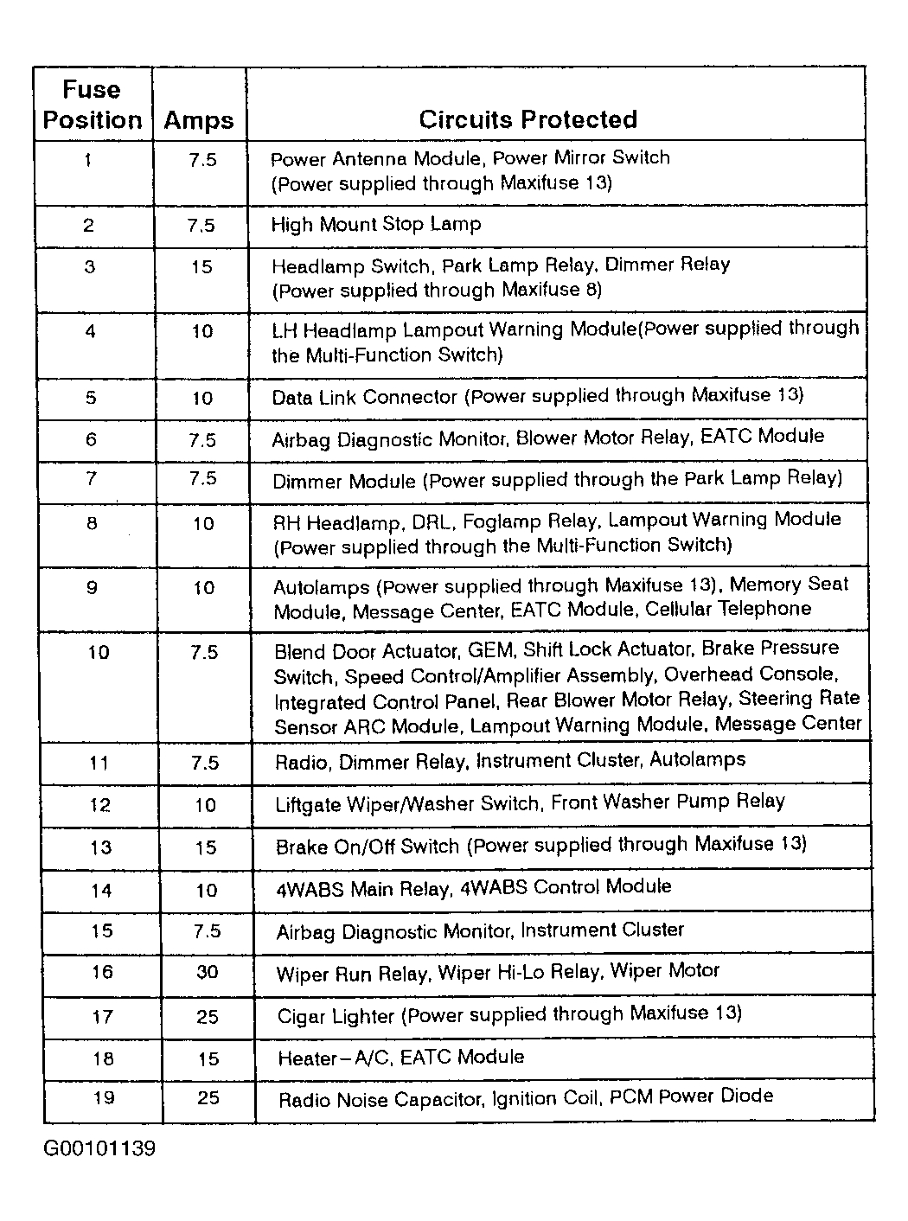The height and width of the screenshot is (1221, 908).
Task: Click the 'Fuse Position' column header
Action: coord(92,105)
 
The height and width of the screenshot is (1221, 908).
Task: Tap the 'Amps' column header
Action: coord(198,120)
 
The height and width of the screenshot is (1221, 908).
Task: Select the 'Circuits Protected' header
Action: coord(528,119)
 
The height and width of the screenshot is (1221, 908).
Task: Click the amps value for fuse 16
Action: coord(207,972)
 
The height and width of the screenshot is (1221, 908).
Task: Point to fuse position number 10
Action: coord(99,652)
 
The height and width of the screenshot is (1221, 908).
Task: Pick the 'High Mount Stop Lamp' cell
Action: coord(376,225)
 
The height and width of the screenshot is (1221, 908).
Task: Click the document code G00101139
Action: coord(99,1150)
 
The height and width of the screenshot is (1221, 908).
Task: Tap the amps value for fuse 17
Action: coord(207,1017)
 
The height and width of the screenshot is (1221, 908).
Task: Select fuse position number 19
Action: coord(103,1098)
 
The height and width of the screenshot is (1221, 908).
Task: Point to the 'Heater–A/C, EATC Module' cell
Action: coord(400,1058)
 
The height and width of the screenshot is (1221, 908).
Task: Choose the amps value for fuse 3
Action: coord(201,267)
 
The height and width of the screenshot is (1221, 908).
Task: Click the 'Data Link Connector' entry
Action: coord(537,396)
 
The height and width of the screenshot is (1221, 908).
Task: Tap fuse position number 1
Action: coord(88,160)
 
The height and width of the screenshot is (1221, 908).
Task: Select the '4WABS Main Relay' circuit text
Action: coord(473,887)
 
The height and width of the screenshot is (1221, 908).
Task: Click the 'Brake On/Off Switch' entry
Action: coord(540,845)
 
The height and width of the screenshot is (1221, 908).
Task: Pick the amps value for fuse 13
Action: coord(205,847)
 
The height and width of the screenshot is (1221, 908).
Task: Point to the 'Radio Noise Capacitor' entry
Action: coord(525,1098)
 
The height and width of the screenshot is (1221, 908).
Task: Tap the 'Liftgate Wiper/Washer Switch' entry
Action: coord(529,803)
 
